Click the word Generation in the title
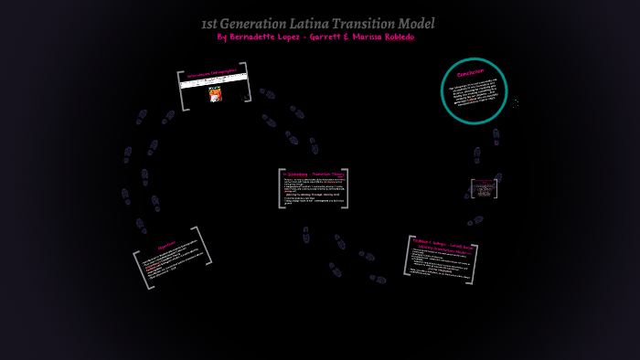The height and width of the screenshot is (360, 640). [x=255, y=24]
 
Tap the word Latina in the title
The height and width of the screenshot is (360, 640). [x=315, y=24]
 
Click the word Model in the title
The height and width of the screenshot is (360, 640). [x=418, y=24]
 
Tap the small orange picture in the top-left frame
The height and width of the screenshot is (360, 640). [x=215, y=94]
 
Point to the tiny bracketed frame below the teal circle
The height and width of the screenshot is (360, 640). [x=484, y=188]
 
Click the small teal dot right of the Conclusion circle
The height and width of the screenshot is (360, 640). [x=515, y=103]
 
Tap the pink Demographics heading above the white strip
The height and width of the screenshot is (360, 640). [x=212, y=72]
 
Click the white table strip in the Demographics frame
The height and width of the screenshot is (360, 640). [x=214, y=80]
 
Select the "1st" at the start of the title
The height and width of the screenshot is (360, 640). [x=208, y=24]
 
